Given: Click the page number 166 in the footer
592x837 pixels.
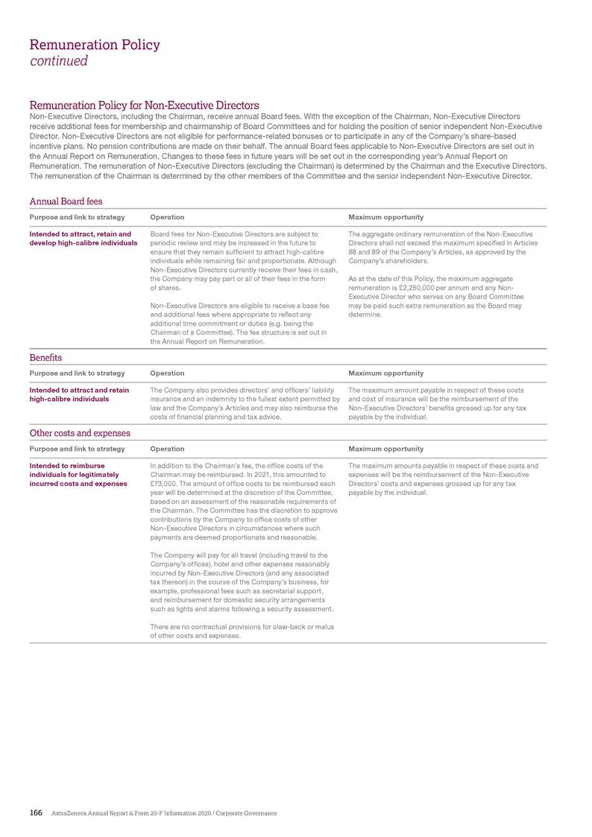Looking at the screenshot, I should (x=35, y=812).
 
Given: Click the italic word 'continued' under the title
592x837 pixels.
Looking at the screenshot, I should (x=58, y=61).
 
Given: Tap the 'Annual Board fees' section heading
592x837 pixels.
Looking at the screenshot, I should (x=66, y=201).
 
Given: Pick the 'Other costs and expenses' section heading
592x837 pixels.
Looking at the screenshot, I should (x=80, y=433).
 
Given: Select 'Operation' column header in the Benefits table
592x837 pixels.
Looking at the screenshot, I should (x=167, y=373).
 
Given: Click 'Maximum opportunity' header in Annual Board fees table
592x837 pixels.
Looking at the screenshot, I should (x=385, y=217).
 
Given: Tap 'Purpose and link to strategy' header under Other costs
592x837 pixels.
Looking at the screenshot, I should (x=77, y=449).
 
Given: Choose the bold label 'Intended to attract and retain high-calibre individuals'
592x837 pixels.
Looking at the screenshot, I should (x=78, y=394).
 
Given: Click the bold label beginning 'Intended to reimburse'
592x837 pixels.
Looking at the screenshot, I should (x=78, y=475).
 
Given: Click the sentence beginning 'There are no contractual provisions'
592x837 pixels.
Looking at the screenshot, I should (x=242, y=631).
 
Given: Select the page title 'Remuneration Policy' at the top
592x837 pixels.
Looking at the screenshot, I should (x=95, y=45).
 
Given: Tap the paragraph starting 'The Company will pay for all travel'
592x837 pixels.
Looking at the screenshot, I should (x=242, y=581).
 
